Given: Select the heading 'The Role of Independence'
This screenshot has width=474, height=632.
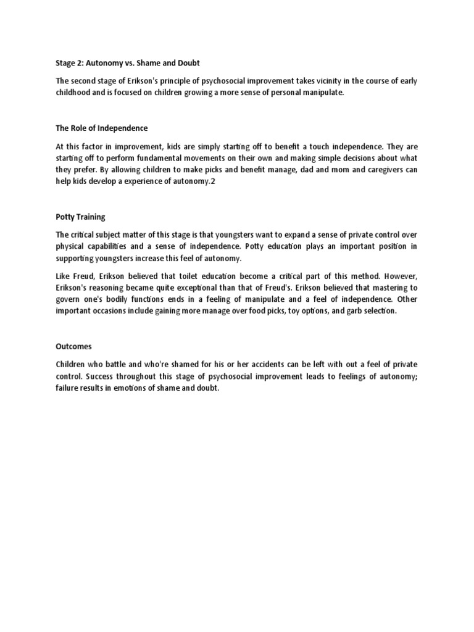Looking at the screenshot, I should click(102, 128).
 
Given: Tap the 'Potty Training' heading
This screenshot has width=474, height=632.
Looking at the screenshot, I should click(80, 217).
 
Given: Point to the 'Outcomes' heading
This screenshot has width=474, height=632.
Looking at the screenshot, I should click(74, 347).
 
